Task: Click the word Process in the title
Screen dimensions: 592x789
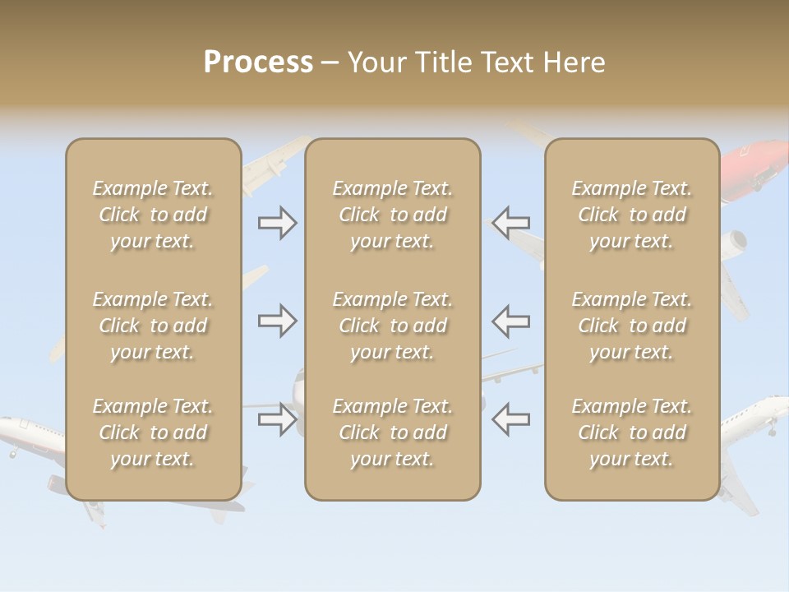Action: [258, 62]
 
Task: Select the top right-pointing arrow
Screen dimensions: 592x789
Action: [277, 223]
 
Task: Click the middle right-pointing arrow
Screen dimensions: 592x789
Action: [277, 321]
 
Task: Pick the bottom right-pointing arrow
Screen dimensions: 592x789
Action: [277, 419]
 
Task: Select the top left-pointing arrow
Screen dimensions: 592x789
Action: [511, 223]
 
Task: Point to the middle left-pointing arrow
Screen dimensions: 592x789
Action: [511, 321]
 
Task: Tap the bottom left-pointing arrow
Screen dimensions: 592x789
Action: [511, 419]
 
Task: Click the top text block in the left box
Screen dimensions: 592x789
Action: [153, 215]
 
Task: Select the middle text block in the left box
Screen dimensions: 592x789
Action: [153, 326]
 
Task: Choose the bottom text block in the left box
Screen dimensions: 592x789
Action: [153, 432]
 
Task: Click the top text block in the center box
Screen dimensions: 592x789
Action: [393, 215]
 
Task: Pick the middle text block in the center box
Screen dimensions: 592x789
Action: [393, 326]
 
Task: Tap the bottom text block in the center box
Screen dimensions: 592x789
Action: [393, 432]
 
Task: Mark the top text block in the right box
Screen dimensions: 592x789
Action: [632, 215]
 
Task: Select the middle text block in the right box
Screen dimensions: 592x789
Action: [632, 326]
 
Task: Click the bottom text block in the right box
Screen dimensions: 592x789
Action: [632, 432]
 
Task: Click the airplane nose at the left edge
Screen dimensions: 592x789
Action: [7, 428]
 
